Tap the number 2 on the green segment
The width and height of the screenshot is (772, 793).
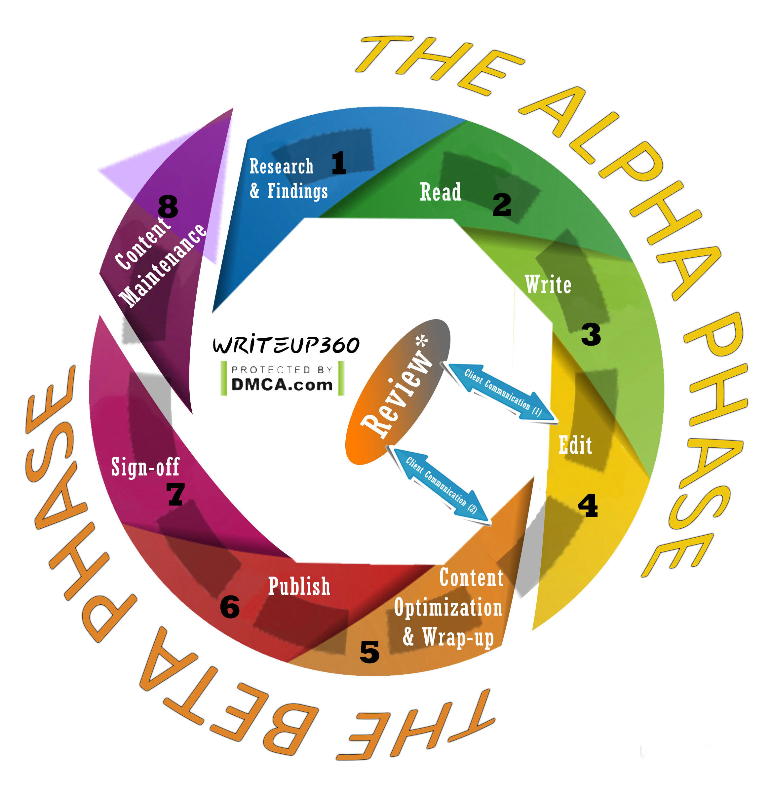point(502,205)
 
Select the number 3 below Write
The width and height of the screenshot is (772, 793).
point(591,335)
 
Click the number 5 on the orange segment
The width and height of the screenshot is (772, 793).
point(369,652)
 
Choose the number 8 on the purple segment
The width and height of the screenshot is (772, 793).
point(168,207)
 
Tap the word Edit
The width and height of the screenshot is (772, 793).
point(575,445)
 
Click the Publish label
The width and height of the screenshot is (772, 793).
point(299,586)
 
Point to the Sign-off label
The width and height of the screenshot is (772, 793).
point(145,467)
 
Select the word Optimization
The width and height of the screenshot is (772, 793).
point(448,608)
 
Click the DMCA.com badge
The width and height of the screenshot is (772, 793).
point(282,378)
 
